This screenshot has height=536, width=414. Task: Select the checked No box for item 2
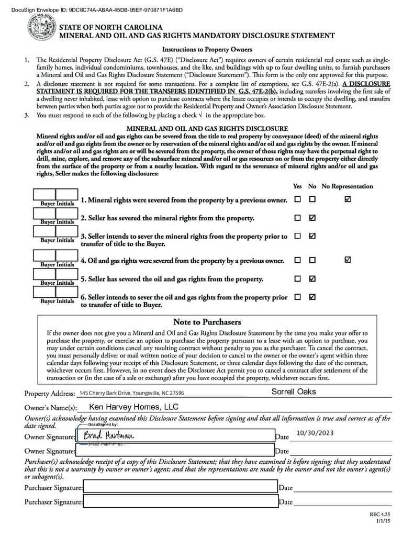(x=312, y=218)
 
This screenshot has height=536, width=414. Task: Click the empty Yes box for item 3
(x=297, y=236)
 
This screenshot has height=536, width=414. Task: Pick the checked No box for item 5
(x=312, y=278)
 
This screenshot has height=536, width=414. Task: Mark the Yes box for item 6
(x=297, y=297)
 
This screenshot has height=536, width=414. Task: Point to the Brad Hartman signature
(x=109, y=436)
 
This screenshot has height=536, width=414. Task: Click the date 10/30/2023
(x=315, y=433)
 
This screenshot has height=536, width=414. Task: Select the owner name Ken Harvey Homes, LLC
(x=134, y=407)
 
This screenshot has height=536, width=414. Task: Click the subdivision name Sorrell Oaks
(x=294, y=392)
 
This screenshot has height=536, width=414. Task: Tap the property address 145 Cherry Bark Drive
(x=131, y=393)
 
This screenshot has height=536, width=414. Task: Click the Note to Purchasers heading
(x=207, y=322)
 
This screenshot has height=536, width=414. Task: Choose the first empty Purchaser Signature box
(x=180, y=488)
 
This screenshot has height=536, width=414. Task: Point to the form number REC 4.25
(x=377, y=515)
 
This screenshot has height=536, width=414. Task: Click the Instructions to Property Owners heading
(x=207, y=50)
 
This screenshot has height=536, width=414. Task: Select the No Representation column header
(x=347, y=186)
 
